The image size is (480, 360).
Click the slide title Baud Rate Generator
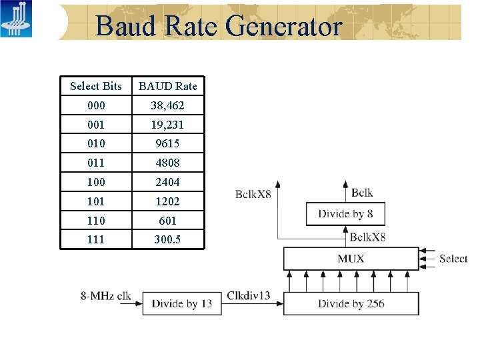click(218, 26)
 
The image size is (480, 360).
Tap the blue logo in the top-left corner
click(16, 19)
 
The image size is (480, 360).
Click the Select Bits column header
click(96, 86)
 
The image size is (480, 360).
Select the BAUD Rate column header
click(167, 86)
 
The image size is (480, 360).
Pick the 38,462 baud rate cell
click(167, 105)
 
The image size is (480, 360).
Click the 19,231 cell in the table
click(167, 125)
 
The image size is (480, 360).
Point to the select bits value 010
click(96, 143)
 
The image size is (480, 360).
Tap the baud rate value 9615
click(167, 143)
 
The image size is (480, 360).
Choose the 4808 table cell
click(167, 163)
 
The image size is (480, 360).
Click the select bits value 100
click(96, 182)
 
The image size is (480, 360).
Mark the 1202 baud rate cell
click(167, 201)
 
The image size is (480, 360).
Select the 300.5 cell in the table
click(167, 239)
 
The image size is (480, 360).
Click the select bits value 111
click(96, 239)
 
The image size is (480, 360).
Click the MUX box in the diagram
click(351, 259)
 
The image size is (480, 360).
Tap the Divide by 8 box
click(345, 214)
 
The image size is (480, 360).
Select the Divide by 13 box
click(182, 304)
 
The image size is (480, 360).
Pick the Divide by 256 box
click(351, 304)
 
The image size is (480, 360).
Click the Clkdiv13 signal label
click(249, 295)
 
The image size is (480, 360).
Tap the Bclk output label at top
click(362, 193)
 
